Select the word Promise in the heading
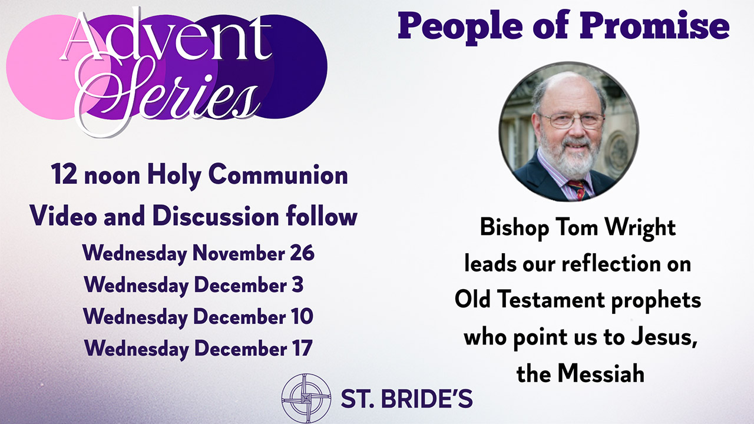click(654, 25)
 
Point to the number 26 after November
click(302, 253)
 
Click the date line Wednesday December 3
click(194, 286)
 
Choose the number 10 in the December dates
click(301, 316)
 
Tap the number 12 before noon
click(64, 174)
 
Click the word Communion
click(277, 174)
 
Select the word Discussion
click(216, 216)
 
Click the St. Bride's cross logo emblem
click(306, 398)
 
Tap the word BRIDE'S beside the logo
click(427, 399)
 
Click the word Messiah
click(601, 373)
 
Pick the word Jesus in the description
click(664, 337)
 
